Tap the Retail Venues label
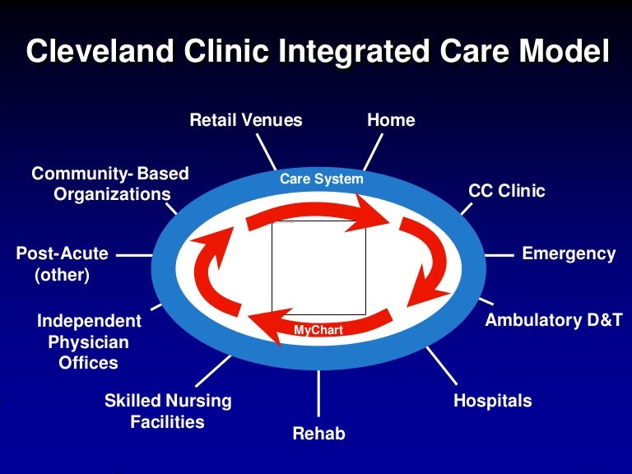[246, 120]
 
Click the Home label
[391, 120]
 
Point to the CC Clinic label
[507, 191]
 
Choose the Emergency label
[569, 253]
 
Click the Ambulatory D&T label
[554, 320]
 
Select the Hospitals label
[493, 401]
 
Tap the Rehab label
[318, 433]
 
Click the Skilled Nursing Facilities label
[168, 411]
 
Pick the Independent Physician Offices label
[89, 342]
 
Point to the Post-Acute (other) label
[63, 264]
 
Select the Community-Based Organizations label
[110, 184]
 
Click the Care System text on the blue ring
[321, 179]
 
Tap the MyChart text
[318, 331]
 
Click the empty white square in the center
[318, 267]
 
